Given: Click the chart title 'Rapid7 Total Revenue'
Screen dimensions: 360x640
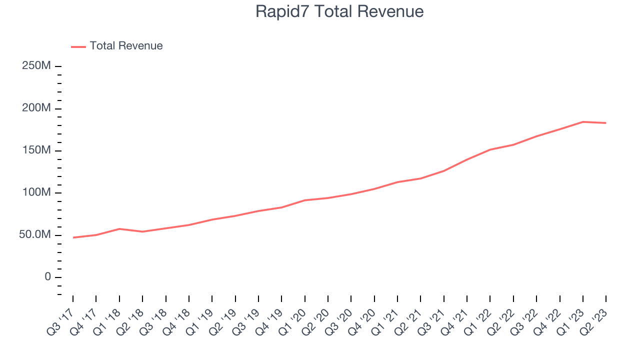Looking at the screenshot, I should (339, 11).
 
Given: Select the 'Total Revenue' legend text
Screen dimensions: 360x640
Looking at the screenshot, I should (126, 46).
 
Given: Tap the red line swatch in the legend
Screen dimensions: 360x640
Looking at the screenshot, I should (78, 46).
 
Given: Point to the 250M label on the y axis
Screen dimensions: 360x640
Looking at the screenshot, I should (36, 66).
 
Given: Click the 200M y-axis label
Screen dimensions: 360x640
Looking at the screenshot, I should (36, 108).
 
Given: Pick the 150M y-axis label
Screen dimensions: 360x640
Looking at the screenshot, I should (36, 150).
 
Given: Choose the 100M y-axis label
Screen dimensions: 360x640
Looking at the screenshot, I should (36, 193).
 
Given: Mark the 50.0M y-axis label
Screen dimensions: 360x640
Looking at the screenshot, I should (34, 235).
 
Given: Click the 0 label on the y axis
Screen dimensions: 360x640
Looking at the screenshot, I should (47, 277).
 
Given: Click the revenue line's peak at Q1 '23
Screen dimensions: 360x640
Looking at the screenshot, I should (583, 121).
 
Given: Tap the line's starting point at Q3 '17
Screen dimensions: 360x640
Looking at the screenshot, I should (73, 237).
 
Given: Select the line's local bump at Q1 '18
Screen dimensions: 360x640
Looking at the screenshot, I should (119, 228).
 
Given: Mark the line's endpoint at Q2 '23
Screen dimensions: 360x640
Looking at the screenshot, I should (606, 123).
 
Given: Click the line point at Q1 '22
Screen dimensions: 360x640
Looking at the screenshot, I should (490, 149).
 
